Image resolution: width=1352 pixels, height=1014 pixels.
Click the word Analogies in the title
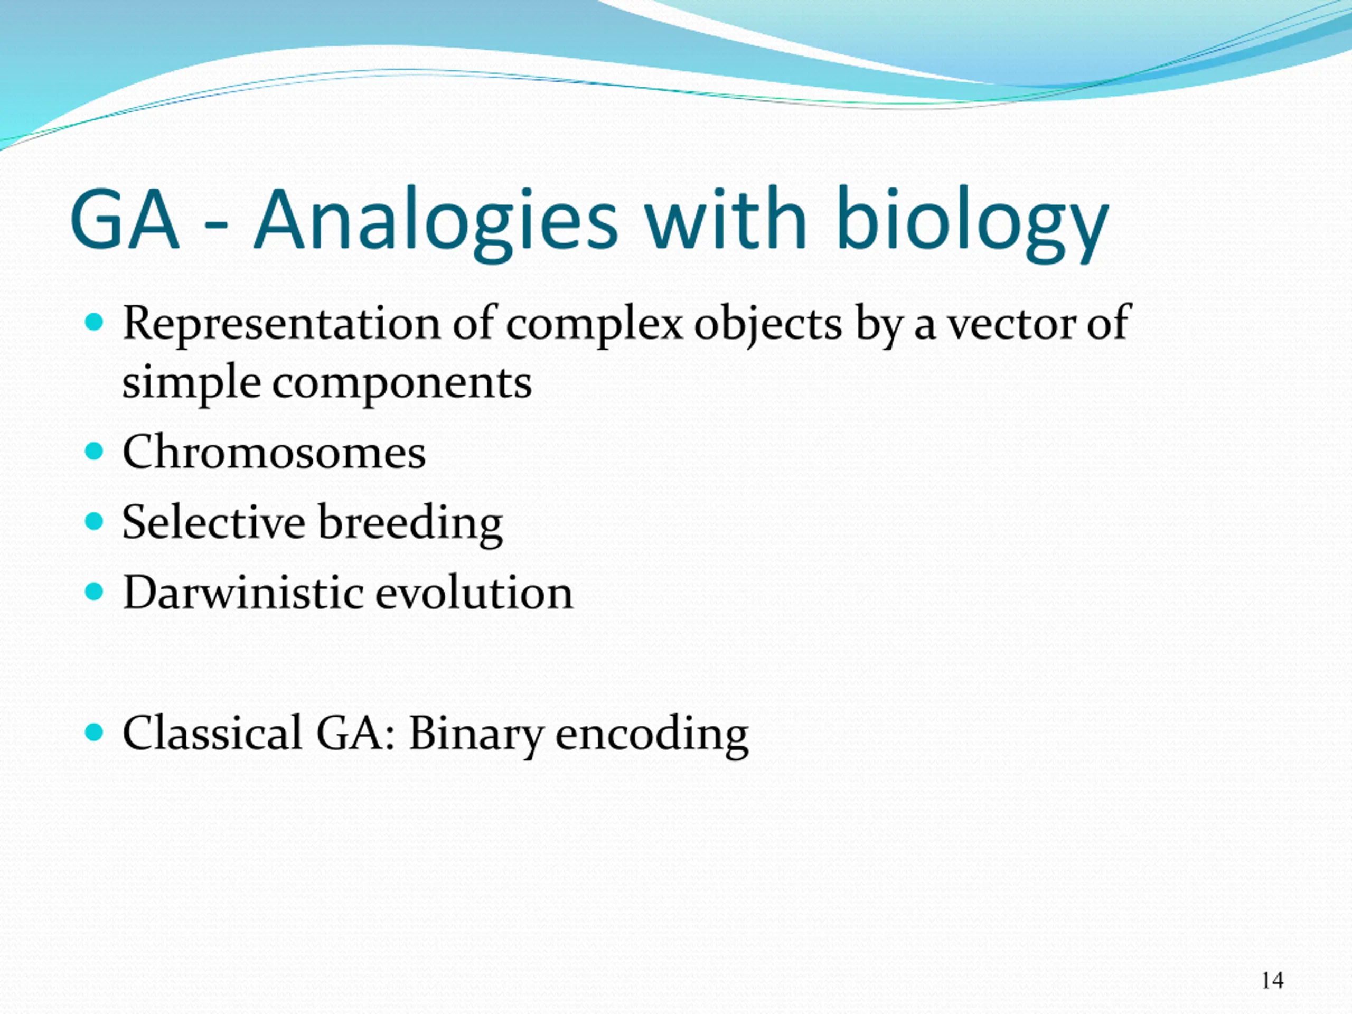click(436, 222)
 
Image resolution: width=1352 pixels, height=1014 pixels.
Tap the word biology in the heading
click(972, 222)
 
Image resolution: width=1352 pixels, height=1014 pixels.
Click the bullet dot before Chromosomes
click(94, 452)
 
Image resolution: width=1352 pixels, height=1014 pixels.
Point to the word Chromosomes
click(274, 452)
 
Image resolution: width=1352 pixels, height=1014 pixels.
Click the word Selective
click(213, 523)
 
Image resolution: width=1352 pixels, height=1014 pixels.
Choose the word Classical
click(211, 732)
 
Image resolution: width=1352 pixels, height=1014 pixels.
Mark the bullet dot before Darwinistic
click(94, 592)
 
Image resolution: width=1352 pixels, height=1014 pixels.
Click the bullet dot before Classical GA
click(94, 732)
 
